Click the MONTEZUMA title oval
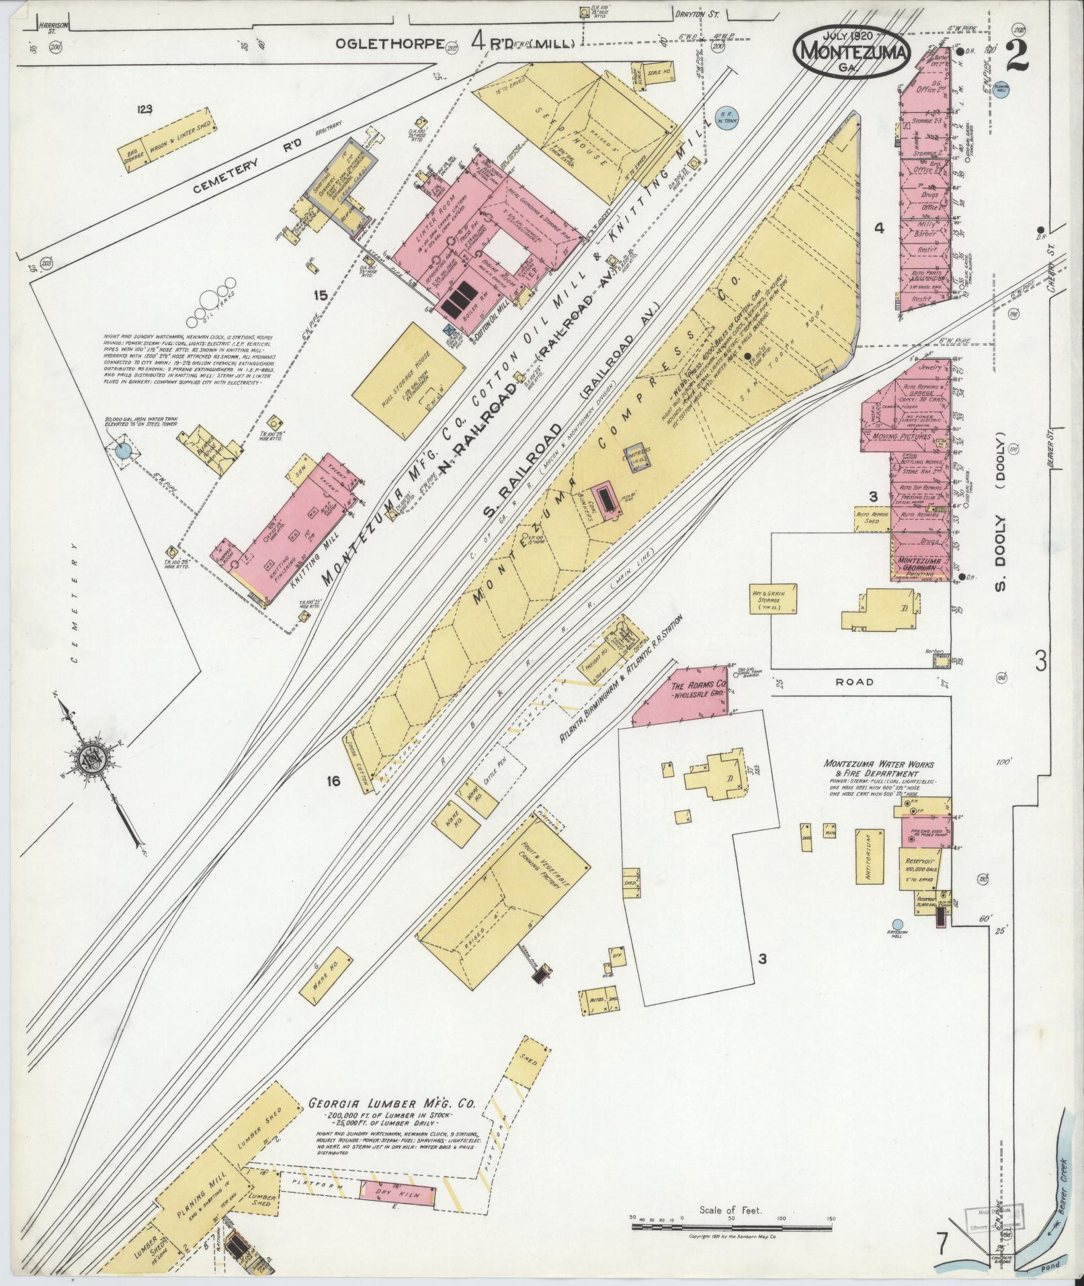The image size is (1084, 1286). [852, 51]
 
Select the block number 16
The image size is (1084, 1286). [333, 780]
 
